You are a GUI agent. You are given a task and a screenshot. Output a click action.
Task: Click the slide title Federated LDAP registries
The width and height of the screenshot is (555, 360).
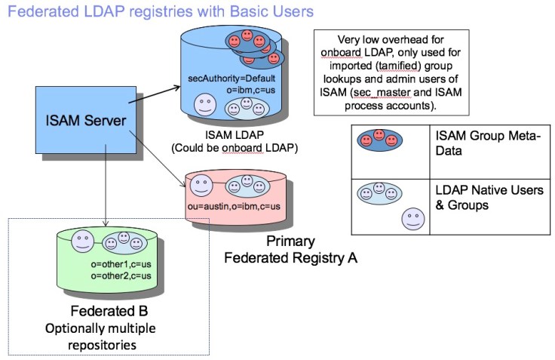coord(158,12)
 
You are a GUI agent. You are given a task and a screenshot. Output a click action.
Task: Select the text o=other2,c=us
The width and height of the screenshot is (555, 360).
coord(121,276)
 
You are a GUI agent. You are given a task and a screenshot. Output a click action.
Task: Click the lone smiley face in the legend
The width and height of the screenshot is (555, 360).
coord(412,220)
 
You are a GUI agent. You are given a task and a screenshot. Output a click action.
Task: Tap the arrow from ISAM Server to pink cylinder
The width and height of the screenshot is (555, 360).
coord(161,157)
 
